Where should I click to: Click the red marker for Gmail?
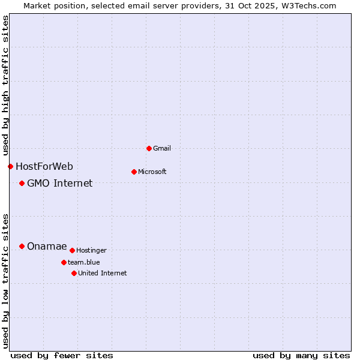point(149,148)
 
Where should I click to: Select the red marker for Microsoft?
point(134,172)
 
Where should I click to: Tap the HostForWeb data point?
point(10,166)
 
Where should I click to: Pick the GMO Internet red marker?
point(22,183)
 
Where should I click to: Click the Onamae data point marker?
point(22,246)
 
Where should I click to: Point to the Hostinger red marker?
point(72,250)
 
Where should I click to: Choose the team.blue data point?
point(64,262)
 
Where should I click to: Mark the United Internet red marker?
point(74,273)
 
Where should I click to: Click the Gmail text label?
point(163,148)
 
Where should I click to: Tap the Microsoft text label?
point(152,172)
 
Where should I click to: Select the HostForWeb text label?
point(44,166)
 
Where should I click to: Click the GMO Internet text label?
point(60,183)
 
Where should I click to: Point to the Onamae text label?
point(47,246)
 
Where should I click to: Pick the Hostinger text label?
point(91,250)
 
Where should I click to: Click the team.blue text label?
point(84,262)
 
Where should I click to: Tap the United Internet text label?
point(103,273)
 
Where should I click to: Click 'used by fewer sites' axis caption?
point(62,355)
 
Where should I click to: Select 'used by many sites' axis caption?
point(301,355)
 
